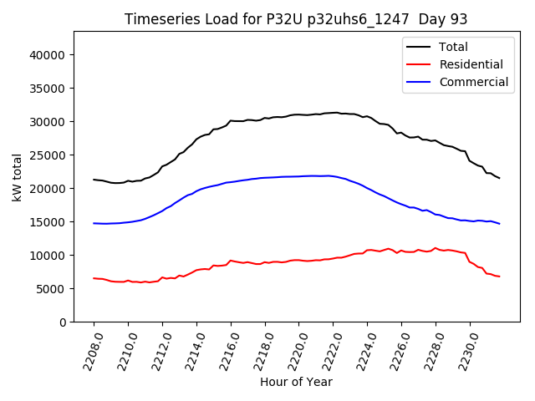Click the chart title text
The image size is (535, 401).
[296, 19]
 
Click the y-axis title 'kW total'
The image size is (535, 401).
[18, 176]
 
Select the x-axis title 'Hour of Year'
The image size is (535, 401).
[296, 382]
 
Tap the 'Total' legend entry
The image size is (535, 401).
[454, 47]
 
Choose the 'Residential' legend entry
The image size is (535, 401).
[471, 64]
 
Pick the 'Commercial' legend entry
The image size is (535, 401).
[473, 82]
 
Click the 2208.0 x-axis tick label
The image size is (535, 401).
[89, 351]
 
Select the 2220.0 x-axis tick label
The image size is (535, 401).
[293, 351]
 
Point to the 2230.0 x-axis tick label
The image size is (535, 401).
[464, 351]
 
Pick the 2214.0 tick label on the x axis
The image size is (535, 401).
[191, 351]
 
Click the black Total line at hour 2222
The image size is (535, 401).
[333, 113]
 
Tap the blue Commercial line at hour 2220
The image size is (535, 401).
[298, 176]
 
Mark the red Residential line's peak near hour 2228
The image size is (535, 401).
[436, 248]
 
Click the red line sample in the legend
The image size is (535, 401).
[419, 64]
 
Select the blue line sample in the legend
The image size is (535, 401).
[419, 82]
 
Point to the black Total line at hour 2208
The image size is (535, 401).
[94, 180]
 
